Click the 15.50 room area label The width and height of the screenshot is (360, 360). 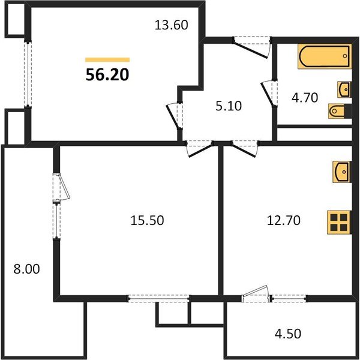147,221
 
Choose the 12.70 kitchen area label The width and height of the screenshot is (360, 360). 283,221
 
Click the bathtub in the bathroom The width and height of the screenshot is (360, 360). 324,58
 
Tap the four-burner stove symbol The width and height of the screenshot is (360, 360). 339,223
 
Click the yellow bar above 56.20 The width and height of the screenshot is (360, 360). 107,60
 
